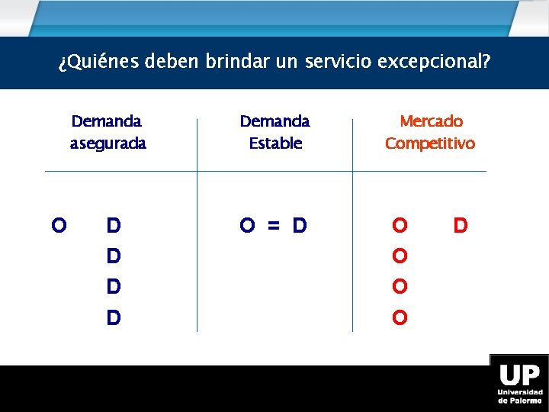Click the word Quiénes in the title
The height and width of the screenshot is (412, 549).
pos(99,62)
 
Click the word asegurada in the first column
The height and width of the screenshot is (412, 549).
pos(108,143)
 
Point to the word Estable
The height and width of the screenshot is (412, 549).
pos(275,143)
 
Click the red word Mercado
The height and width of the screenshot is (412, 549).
pos(432,121)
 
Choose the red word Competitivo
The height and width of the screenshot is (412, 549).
pos(430,143)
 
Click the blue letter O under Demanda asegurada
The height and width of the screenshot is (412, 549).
pos(57,226)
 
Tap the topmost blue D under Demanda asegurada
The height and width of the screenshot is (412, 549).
pos(114,226)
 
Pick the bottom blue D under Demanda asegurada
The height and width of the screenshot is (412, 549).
pos(114,317)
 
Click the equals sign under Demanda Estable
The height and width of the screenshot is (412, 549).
pos(274,226)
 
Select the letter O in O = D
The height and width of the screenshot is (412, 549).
pos(247,226)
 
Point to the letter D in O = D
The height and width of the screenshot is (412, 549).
pos(300,226)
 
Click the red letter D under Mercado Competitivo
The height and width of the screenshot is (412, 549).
pos(460,226)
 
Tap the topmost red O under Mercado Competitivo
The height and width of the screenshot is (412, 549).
pos(400,226)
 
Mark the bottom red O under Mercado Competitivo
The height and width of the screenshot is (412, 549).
pos(400,317)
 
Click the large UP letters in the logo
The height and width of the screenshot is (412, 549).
pos(519,375)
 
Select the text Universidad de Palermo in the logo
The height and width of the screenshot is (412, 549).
pos(520,396)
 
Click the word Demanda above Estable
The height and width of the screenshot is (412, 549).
pos(274,121)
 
